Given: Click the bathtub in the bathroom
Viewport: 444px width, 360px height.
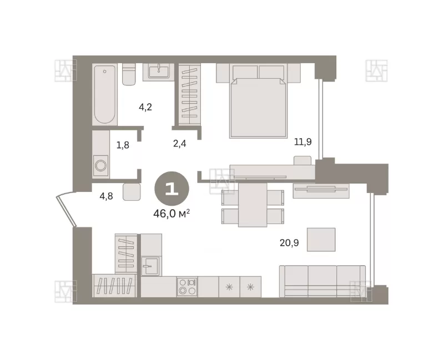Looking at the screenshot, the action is coord(105,94).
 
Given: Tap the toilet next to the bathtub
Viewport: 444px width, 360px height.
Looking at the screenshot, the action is coord(129,74).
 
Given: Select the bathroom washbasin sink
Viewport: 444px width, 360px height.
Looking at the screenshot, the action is coord(159,71).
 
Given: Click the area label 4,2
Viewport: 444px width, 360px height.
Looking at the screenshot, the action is coord(145,107).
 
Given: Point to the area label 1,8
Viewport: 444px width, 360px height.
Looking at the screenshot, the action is coord(123,145).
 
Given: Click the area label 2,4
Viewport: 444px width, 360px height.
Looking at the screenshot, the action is coord(179,144).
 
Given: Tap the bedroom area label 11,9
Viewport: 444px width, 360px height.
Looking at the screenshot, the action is coord(302,141).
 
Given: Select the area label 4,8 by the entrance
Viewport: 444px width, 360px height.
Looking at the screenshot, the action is coord(106,196).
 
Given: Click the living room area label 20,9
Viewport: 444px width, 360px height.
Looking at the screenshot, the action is coord(289,243).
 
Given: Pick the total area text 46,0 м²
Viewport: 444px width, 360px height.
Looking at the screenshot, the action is coord(171,214).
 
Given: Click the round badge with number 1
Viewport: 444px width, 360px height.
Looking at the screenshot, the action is coord(171,189).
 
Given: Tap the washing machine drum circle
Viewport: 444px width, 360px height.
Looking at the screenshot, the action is coord(101,165).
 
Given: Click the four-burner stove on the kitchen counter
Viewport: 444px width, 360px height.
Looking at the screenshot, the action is coord(187,287).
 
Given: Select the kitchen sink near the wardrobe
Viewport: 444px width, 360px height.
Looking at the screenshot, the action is coord(150,266).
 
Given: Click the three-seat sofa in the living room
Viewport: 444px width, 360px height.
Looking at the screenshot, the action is coord(322,281).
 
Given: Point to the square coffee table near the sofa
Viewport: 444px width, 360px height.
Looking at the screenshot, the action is coord(321,240).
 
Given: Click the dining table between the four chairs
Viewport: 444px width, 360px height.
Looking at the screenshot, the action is coord(253,205).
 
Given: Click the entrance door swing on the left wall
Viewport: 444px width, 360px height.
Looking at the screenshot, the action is coord(65,209).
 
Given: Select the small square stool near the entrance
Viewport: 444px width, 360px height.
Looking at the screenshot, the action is coord(132,192).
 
